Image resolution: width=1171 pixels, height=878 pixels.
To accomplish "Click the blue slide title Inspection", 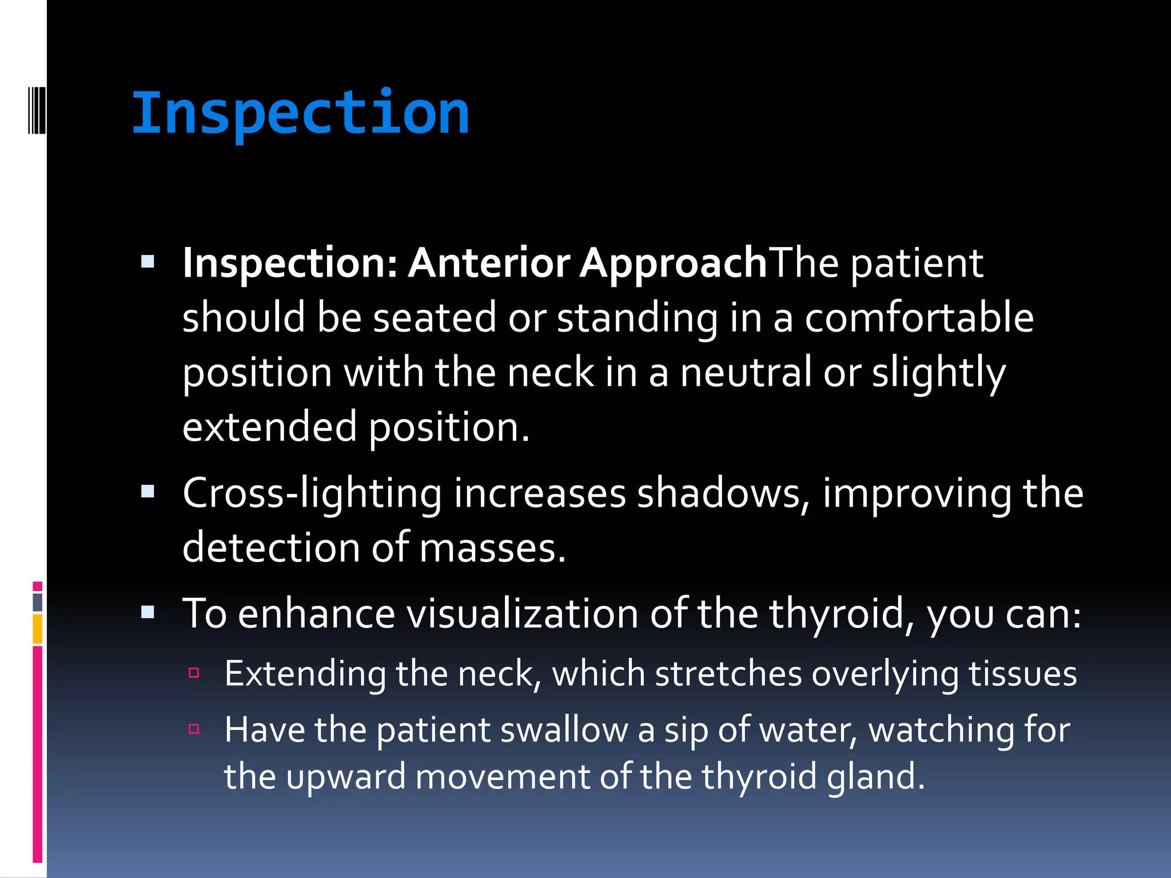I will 300,114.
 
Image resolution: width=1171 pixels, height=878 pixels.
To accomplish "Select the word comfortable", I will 919,318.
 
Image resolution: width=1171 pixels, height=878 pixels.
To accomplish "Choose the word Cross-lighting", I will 312,493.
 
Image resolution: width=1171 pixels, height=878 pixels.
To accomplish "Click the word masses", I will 492,548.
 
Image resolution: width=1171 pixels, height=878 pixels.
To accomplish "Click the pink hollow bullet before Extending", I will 194,673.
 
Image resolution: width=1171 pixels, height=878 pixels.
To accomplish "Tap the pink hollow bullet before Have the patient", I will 194,729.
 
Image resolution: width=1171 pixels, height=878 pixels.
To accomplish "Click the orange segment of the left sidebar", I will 37,629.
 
